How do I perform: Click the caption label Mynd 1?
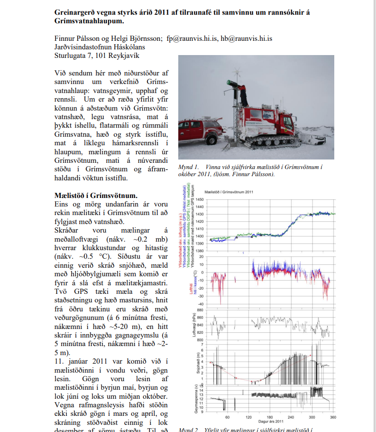pos(188,167)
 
